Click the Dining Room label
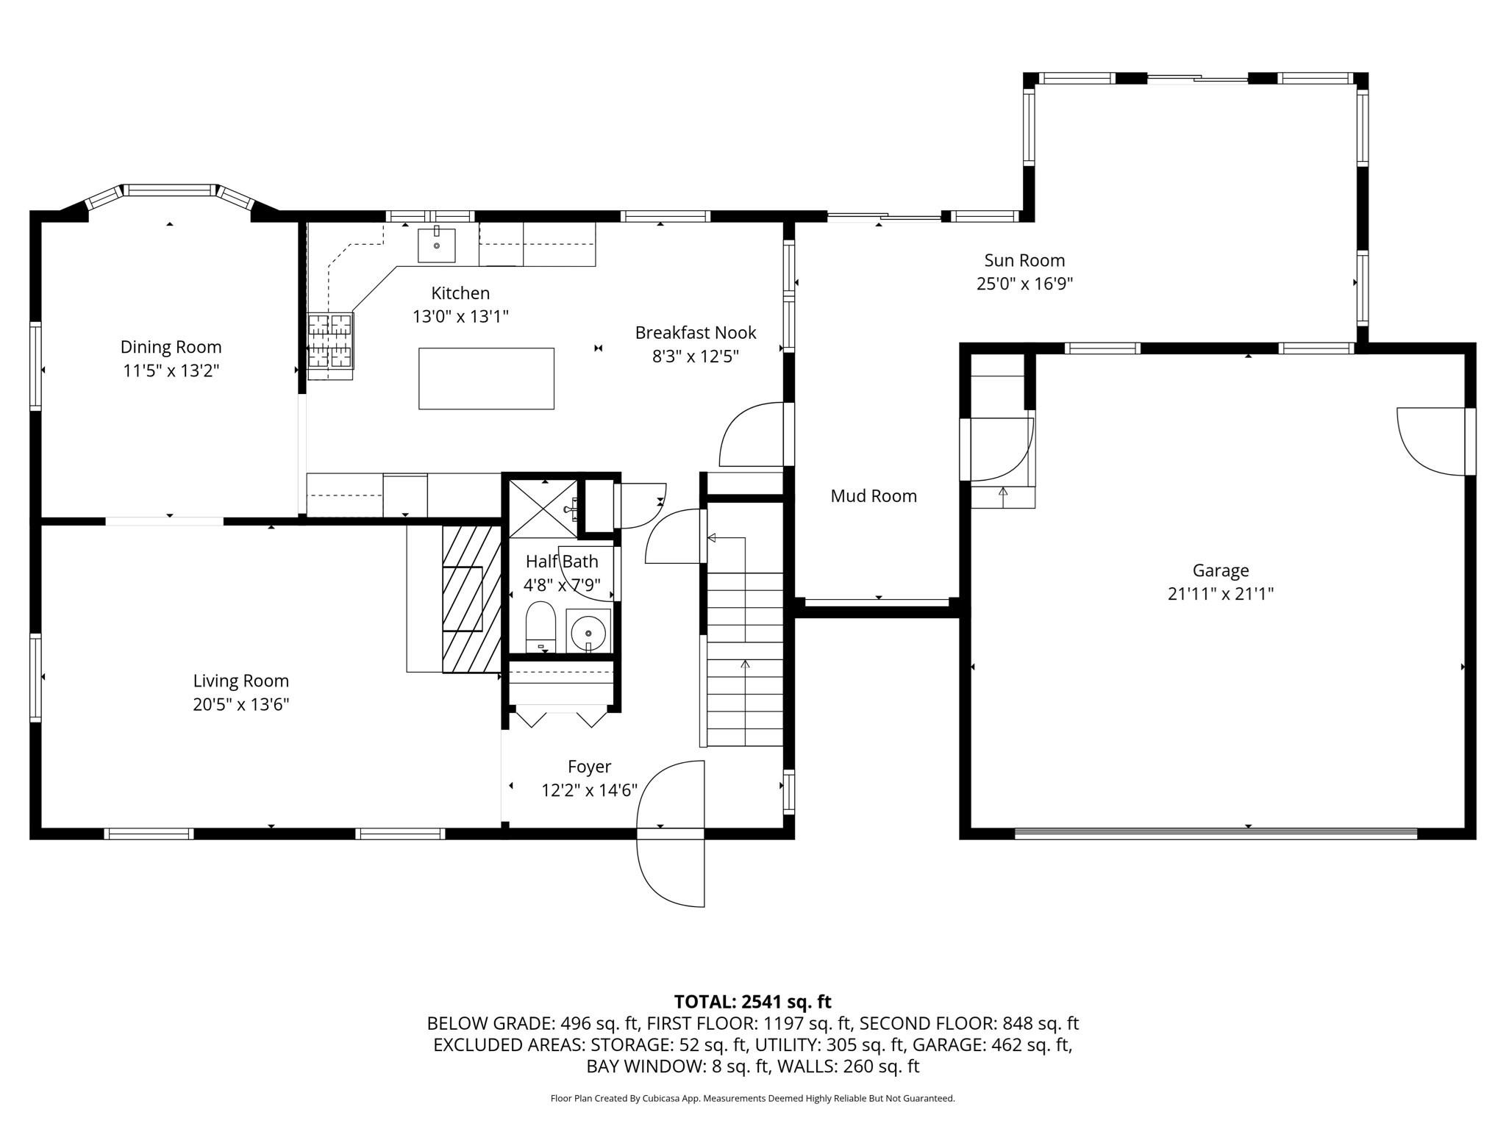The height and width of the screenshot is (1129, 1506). tap(171, 347)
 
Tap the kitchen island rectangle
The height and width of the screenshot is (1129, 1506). tap(486, 379)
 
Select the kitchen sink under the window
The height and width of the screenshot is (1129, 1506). tap(437, 245)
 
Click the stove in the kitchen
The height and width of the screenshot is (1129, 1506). tap(330, 340)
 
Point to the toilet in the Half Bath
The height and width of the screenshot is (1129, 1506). tap(540, 626)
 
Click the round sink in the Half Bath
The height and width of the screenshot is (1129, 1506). tap(588, 632)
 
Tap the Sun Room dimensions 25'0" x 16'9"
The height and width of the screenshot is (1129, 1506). tap(1024, 284)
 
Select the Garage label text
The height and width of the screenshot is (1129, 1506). tap(1220, 570)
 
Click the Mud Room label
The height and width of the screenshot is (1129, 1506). tap(874, 496)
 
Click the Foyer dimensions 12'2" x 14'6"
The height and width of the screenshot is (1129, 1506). tap(589, 790)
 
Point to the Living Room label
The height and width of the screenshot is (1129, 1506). tap(240, 681)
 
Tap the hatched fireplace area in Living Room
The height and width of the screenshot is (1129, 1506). tap(471, 598)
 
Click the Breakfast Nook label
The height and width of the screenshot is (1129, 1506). tap(695, 333)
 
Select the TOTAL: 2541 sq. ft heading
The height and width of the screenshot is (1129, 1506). tap(752, 1002)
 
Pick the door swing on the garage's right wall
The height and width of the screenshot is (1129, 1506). tap(1430, 441)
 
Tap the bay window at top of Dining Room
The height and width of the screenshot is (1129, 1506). tap(170, 190)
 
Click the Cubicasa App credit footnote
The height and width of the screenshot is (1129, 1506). tap(752, 1099)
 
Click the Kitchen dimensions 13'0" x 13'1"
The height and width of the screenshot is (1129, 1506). tap(460, 317)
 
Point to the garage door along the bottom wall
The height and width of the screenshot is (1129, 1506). tap(1215, 834)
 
